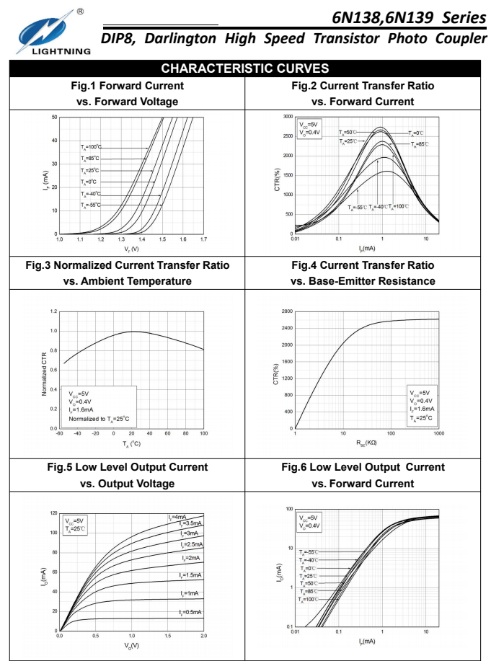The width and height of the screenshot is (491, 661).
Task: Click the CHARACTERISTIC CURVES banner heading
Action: [244, 68]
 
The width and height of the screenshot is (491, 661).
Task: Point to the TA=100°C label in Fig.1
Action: [91, 147]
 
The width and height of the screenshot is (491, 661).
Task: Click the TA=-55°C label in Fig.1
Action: [91, 205]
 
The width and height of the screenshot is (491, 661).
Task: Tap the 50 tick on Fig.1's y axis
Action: [53, 116]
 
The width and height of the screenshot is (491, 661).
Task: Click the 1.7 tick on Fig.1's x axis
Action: [203, 239]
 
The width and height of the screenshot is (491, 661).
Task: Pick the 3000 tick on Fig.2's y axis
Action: [288, 116]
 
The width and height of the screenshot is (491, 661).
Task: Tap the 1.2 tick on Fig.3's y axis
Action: [53, 311]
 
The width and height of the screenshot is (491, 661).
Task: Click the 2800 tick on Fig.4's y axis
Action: [287, 311]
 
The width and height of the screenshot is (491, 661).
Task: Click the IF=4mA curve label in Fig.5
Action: [177, 517]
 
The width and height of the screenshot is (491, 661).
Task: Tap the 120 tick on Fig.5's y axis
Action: [53, 513]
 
